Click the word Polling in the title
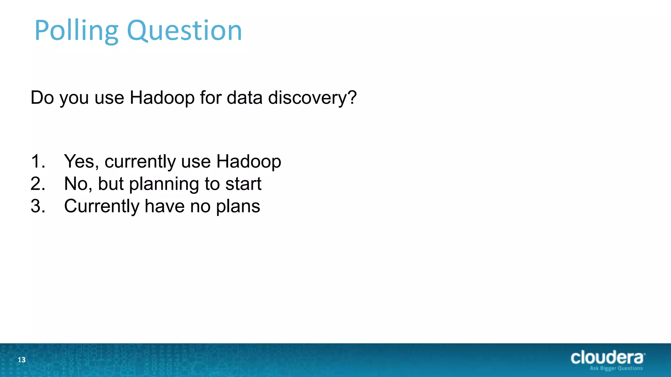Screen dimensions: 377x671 76,31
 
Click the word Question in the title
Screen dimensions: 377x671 184,31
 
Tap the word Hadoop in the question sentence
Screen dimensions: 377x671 162,98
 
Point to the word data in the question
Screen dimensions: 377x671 244,98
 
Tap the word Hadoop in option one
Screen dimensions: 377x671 248,161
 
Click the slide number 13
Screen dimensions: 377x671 22,360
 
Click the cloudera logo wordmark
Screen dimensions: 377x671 607,357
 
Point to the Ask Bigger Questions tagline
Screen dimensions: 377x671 616,368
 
